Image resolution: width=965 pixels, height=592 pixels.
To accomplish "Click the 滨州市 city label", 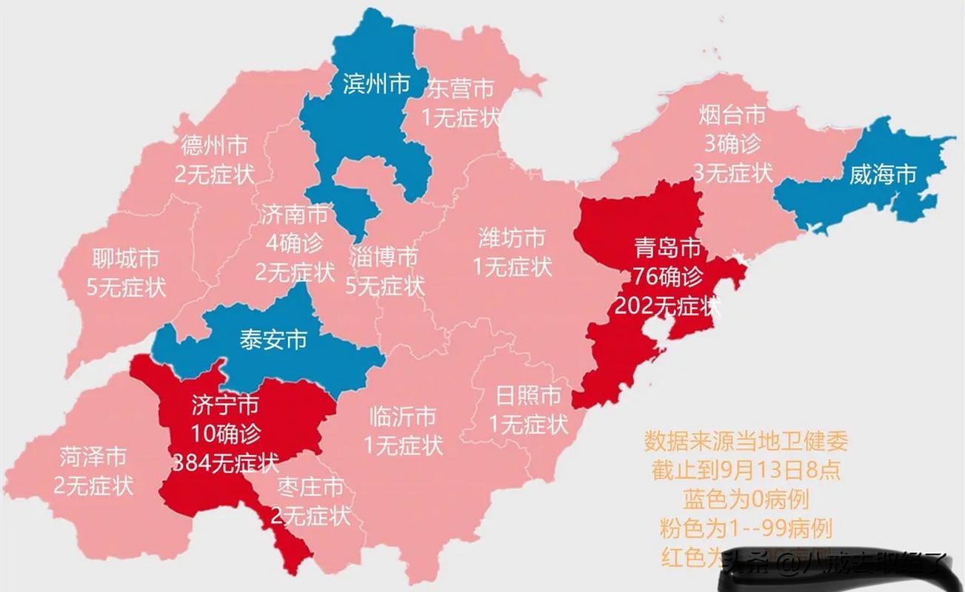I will pos(376,84).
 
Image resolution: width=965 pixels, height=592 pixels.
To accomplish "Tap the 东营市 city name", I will pos(460,90).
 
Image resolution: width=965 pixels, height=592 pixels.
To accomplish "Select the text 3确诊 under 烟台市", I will pos(731,144).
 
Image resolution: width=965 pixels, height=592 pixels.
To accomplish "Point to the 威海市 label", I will pos(883,175).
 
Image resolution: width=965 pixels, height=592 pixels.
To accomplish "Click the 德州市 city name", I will pos(214,145).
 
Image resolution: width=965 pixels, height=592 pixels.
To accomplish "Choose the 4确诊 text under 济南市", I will pos(293,243).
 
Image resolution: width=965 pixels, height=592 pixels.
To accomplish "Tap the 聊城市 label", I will pos(126,259).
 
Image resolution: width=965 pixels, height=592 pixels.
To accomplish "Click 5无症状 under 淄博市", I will pos(385,285).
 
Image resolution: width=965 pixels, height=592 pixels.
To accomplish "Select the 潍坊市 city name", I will pos(512,238).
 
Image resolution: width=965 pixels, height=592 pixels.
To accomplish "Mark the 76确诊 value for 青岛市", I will pos(668,276).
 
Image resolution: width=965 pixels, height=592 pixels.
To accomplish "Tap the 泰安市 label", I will pos(273,340).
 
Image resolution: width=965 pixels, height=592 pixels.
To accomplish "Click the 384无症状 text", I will pos(225,463).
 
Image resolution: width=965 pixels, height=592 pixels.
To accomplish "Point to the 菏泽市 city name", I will pos(93,457).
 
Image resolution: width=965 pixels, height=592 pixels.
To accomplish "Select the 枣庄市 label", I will pos(310,487).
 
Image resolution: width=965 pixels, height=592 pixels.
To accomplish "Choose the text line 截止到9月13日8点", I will pos(745,471).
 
